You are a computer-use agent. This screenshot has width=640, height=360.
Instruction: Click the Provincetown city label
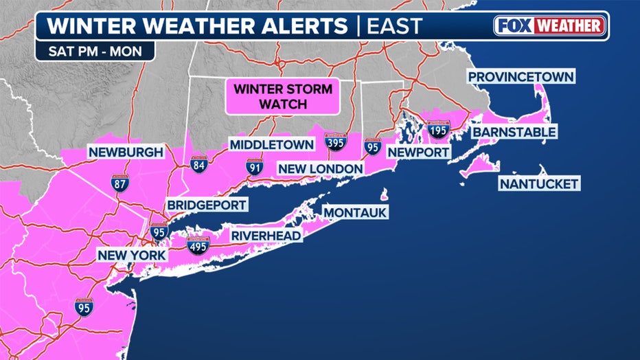point(521,77)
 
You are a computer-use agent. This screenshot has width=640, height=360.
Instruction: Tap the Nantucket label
point(539,183)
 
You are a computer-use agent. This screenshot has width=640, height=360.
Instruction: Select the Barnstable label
point(514,131)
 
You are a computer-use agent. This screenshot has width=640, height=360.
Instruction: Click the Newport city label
point(418,152)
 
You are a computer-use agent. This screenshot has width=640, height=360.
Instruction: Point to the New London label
point(320,168)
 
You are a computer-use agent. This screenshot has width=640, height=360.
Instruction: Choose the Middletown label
point(271,144)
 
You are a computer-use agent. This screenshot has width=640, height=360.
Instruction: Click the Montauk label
point(356,212)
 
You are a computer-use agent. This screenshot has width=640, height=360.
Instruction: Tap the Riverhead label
point(266,236)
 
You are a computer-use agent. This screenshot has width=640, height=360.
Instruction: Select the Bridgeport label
point(207,205)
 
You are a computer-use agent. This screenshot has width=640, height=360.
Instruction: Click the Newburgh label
point(125,152)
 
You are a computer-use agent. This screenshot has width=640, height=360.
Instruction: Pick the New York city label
point(131,255)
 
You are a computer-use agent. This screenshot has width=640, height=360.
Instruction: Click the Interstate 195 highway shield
point(438,130)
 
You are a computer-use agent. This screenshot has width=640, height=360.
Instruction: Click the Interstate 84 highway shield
point(199,164)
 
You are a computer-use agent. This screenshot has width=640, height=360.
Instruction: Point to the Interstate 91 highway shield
point(255,166)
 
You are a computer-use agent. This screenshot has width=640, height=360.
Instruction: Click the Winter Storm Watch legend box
point(283,97)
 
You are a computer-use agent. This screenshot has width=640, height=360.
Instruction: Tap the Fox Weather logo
point(549,26)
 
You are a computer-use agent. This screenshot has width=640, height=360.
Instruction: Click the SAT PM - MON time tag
point(96,51)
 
